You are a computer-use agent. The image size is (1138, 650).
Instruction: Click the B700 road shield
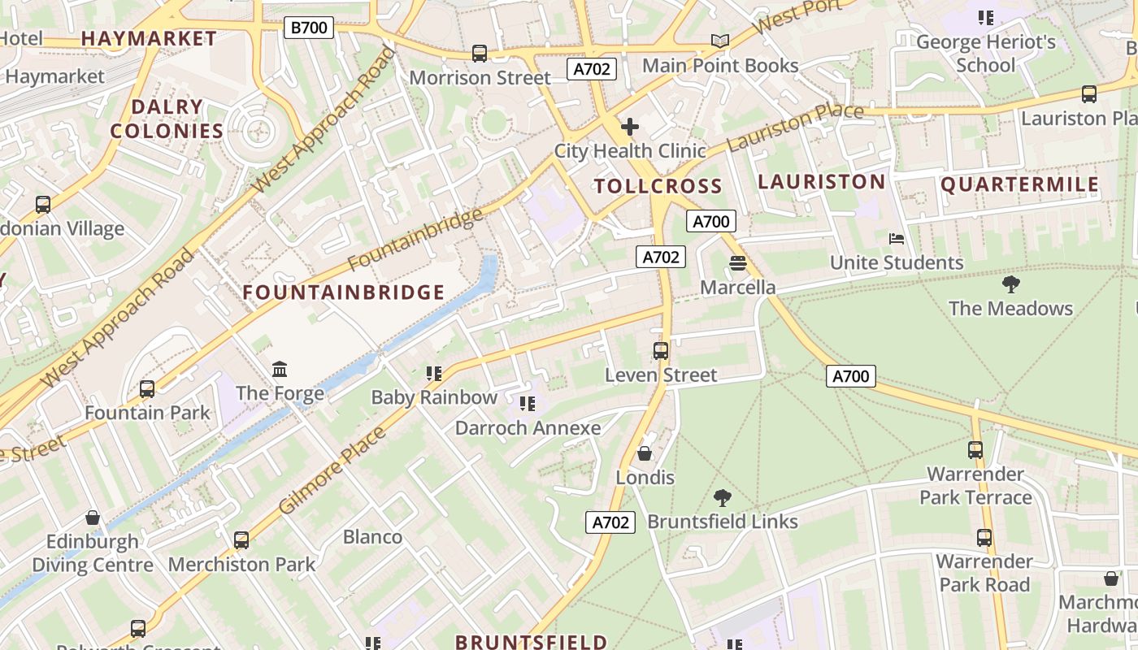click(309, 28)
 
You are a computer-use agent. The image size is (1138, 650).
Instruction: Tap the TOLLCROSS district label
click(658, 186)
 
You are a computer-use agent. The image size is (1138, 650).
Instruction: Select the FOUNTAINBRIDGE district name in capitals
click(344, 292)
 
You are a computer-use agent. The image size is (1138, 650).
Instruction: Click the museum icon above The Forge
click(280, 370)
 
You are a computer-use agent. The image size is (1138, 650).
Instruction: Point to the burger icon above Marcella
click(737, 263)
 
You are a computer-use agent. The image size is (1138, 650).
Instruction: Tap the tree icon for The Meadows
click(1010, 284)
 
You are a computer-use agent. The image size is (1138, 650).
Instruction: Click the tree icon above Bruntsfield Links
click(722, 497)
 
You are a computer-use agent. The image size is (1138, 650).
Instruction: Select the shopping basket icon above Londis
click(645, 453)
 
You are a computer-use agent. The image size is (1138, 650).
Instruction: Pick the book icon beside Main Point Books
click(719, 41)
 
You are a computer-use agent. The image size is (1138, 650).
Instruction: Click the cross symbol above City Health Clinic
click(629, 127)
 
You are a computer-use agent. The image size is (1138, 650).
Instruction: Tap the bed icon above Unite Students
click(896, 239)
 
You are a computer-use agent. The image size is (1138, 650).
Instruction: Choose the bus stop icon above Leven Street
click(661, 351)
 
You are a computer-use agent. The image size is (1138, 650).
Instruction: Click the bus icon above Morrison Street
click(480, 54)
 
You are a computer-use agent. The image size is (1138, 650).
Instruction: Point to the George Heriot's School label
click(985, 54)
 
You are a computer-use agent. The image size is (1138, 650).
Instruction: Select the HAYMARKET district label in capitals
click(149, 38)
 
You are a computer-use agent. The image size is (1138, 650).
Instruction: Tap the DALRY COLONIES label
click(167, 119)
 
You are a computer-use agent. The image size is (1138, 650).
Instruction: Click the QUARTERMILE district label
click(1019, 184)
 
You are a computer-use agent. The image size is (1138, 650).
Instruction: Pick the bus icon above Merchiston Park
click(241, 539)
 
